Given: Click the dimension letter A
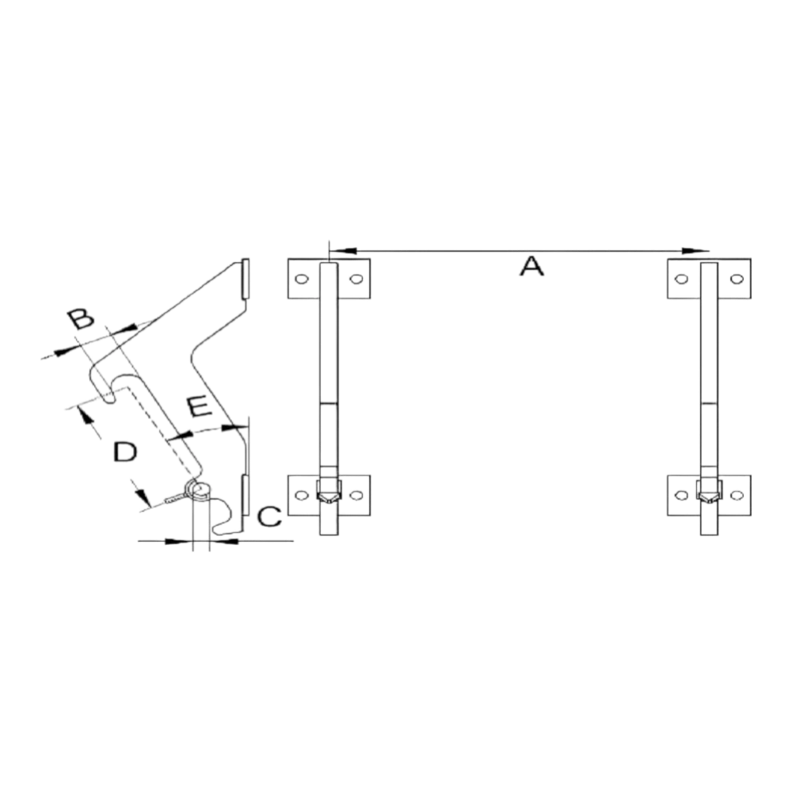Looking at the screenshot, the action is (x=531, y=266).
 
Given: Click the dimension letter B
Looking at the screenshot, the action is (x=81, y=319).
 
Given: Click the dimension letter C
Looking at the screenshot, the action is (x=270, y=516).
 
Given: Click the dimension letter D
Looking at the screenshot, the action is (x=125, y=451).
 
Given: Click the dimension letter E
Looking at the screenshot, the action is (x=199, y=407).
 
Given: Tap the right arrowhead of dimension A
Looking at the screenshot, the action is (x=695, y=250).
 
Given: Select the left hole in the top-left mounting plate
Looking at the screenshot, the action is (x=302, y=279).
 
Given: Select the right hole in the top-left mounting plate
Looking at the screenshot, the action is (x=356, y=279).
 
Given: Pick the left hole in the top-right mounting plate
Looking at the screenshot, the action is (x=681, y=279).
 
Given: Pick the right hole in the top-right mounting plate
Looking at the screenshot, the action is (x=737, y=279).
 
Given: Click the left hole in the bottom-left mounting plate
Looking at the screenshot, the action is (x=302, y=496).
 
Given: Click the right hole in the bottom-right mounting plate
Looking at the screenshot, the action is (x=737, y=496).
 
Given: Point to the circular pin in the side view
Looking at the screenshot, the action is (x=201, y=489).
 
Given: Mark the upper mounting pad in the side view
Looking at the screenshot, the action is (x=246, y=279).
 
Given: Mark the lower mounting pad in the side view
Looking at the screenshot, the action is (x=246, y=495).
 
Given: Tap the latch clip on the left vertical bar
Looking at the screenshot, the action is (x=329, y=492).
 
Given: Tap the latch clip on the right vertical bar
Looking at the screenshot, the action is (x=709, y=492).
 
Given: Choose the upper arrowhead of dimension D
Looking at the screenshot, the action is (x=85, y=416).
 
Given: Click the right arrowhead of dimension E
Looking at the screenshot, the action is (x=234, y=428).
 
